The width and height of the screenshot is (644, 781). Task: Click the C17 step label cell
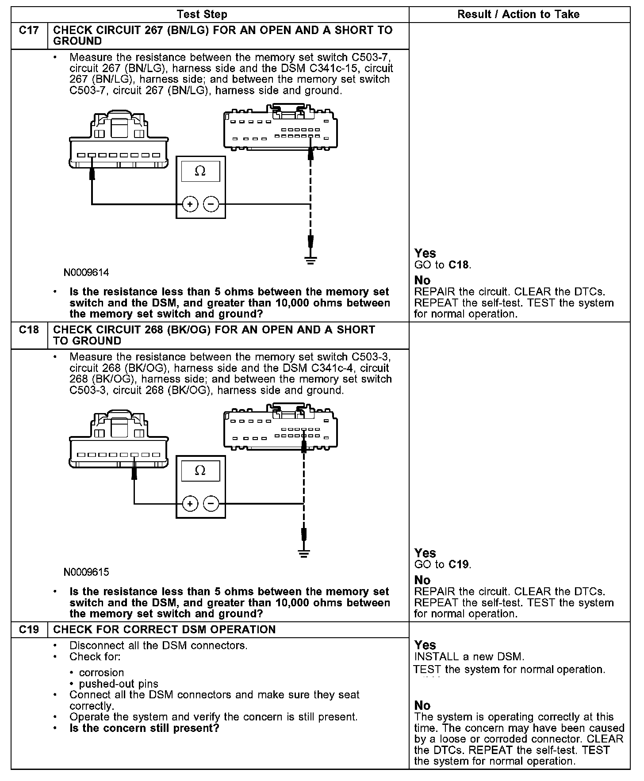(29, 31)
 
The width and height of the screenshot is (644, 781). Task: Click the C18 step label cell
(29, 330)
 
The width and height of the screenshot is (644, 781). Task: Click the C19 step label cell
(29, 629)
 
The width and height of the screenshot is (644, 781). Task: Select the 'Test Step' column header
(202, 15)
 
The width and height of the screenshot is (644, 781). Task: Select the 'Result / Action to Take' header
(518, 15)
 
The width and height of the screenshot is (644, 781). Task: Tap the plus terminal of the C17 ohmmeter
(190, 204)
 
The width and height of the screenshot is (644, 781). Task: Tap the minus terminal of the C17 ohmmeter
(211, 204)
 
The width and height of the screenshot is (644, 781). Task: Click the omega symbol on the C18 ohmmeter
(200, 471)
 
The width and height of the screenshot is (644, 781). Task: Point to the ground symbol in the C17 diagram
(311, 260)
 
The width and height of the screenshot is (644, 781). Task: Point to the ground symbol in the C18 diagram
(303, 553)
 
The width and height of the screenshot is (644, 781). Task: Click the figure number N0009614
(86, 272)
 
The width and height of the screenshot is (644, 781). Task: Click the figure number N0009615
(86, 572)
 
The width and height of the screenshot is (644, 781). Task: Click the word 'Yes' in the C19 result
(425, 645)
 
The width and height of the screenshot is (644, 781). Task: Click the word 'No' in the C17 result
(422, 280)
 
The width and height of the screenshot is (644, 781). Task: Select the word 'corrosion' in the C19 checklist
(101, 673)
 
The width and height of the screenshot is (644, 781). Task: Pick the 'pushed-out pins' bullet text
(119, 684)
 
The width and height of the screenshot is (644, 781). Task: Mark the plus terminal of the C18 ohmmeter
(190, 504)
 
